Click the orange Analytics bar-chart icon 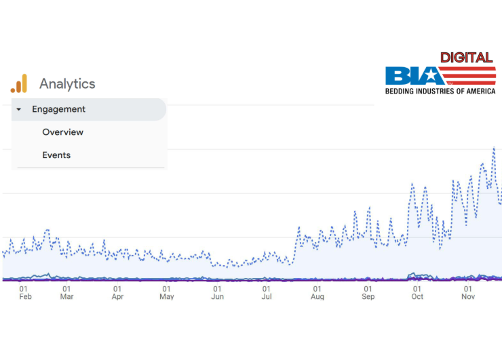[x=18, y=84]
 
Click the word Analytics [x=67, y=84]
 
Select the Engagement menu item [x=58, y=109]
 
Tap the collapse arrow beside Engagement [x=19, y=109]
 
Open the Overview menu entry [x=62, y=132]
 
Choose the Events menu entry [x=56, y=155]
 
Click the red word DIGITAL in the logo [x=467, y=57]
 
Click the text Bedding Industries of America [x=440, y=91]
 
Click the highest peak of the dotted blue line [x=494, y=148]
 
